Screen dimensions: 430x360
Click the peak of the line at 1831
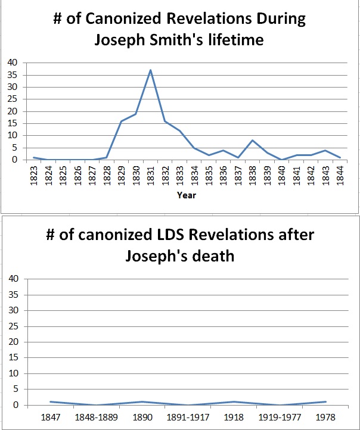click(151, 70)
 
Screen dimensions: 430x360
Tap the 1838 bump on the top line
click(253, 141)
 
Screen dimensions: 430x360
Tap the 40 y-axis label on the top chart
click(13, 63)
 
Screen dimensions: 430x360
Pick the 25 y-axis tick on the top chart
click(13, 99)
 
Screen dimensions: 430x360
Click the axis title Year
click(188, 195)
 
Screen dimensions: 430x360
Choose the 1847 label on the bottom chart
click(51, 416)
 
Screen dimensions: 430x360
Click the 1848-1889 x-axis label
click(97, 416)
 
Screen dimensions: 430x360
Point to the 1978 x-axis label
click(325, 416)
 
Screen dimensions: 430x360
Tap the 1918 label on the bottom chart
click(234, 416)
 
